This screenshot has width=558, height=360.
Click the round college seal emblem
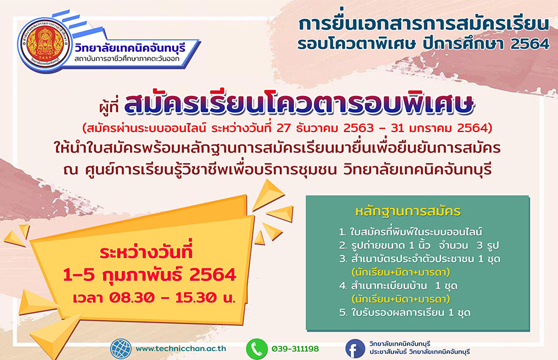point(44,46)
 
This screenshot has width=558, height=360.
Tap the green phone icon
point(257,349)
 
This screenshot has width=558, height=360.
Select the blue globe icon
point(121,349)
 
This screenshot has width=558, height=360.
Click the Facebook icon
point(355,349)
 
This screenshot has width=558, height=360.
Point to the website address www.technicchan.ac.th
point(181,349)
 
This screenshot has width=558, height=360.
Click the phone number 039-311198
point(295,349)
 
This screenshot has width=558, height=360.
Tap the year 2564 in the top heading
point(530,44)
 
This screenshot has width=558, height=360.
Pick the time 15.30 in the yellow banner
point(196,298)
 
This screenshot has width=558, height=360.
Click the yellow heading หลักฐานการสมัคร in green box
point(408,211)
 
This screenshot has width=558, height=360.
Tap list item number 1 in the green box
point(410,232)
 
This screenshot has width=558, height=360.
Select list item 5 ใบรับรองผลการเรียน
point(404,313)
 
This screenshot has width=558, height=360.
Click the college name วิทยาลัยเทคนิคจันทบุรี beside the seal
point(131,48)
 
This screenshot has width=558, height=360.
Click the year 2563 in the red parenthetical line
point(358,128)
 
